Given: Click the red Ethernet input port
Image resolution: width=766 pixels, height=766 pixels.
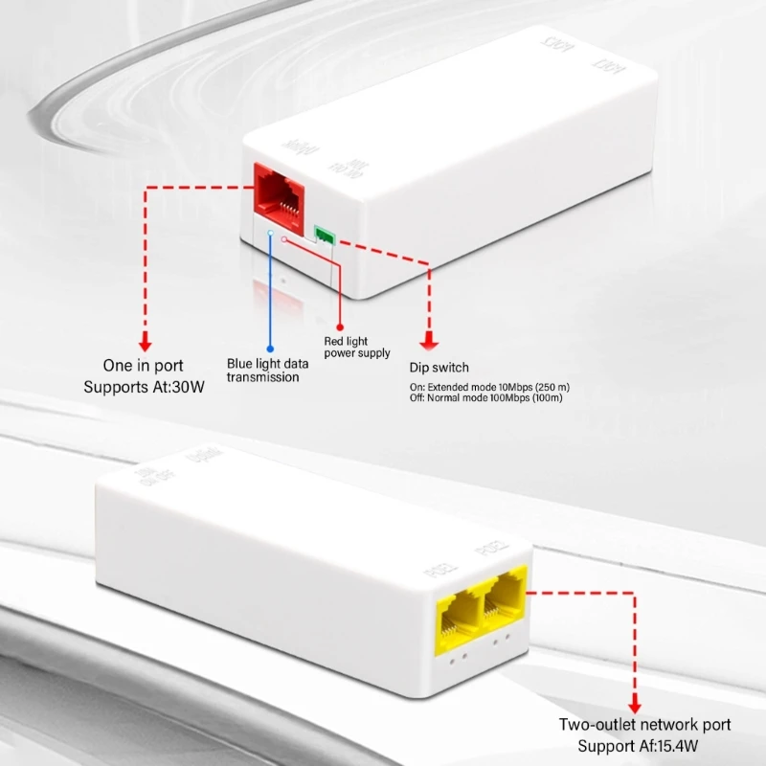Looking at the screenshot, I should pyautogui.click(x=280, y=193).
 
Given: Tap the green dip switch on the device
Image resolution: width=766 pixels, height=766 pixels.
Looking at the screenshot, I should pyautogui.click(x=325, y=233).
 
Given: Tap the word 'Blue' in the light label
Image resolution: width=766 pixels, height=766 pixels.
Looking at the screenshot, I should pyautogui.click(x=241, y=364).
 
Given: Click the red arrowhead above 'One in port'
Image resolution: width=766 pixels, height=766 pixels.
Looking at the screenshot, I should pyautogui.click(x=146, y=342).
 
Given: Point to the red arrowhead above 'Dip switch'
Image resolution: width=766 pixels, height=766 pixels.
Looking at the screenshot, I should pyautogui.click(x=429, y=342).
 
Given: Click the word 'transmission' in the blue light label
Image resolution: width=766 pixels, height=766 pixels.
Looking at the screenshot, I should pyautogui.click(x=262, y=377).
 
